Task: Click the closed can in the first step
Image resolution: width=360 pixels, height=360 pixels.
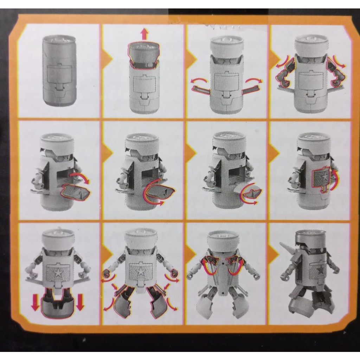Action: click(59, 71)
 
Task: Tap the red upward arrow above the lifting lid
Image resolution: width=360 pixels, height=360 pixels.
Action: click(144, 34)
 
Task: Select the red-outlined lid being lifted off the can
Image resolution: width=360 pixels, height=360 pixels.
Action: click(144, 54)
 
